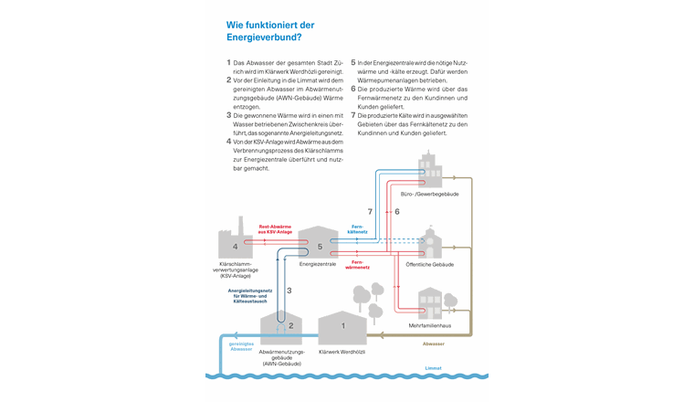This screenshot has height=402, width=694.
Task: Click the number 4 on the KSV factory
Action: pyautogui.click(x=236, y=247)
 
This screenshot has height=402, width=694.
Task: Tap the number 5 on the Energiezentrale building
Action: pyautogui.click(x=320, y=247)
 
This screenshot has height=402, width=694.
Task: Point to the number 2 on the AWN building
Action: pyautogui.click(x=290, y=325)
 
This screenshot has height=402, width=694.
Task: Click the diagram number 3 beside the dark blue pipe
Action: pyautogui.click(x=289, y=290)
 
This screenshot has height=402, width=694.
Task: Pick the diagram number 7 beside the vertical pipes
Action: pyautogui.click(x=370, y=211)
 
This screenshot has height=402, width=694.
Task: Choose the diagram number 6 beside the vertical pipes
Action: pyautogui.click(x=397, y=211)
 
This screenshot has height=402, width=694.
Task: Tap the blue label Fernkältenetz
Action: pyautogui.click(x=358, y=229)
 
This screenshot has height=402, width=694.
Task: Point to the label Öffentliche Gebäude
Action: pyautogui.click(x=430, y=264)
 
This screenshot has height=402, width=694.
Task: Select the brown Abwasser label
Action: pyautogui.click(x=434, y=344)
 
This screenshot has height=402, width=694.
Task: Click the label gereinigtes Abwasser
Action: pyautogui.click(x=241, y=346)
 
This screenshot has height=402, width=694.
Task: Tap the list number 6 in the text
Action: pyautogui.click(x=353, y=114)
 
